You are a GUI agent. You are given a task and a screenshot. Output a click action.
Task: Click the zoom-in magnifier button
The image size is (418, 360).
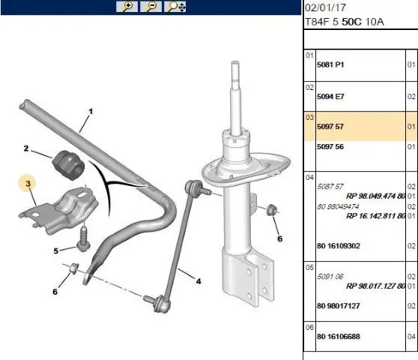click(127, 7)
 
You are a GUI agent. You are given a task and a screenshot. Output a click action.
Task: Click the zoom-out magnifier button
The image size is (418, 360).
click(151, 7)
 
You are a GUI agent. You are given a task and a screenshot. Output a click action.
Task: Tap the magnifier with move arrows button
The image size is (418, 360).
click(175, 7)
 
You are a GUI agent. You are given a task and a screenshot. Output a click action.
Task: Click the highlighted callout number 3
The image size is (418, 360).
click(28, 183)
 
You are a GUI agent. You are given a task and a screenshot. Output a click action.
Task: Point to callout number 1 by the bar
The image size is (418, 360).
click(91, 111)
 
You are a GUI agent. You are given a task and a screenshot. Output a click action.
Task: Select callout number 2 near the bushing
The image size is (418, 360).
click(26, 148)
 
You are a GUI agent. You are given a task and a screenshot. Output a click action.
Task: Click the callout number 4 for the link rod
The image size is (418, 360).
click(199, 281)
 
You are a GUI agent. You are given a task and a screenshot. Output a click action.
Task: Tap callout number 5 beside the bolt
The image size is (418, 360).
click(55, 250)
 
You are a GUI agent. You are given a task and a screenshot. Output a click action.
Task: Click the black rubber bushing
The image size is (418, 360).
click(68, 165)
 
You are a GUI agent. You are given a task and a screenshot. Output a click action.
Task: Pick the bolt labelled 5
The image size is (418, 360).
click(83, 238)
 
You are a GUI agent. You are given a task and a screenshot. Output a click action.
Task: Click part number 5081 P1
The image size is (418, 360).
click(330, 64)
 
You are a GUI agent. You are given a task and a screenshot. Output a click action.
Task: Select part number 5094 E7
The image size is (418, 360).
click(330, 97)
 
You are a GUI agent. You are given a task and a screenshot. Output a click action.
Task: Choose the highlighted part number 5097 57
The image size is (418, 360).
click(330, 127)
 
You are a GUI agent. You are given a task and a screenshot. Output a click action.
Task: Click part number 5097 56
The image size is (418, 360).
click(330, 146)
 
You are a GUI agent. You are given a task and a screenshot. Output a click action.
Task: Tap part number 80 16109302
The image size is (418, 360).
click(339, 246)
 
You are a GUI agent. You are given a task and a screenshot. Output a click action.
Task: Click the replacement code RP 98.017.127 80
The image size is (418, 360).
click(375, 286)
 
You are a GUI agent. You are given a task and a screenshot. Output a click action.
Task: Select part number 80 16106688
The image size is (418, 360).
click(339, 337)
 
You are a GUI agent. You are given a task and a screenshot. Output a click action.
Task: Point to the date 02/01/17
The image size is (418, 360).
click(326, 7)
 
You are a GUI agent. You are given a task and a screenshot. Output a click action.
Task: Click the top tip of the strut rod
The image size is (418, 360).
click(235, 62)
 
